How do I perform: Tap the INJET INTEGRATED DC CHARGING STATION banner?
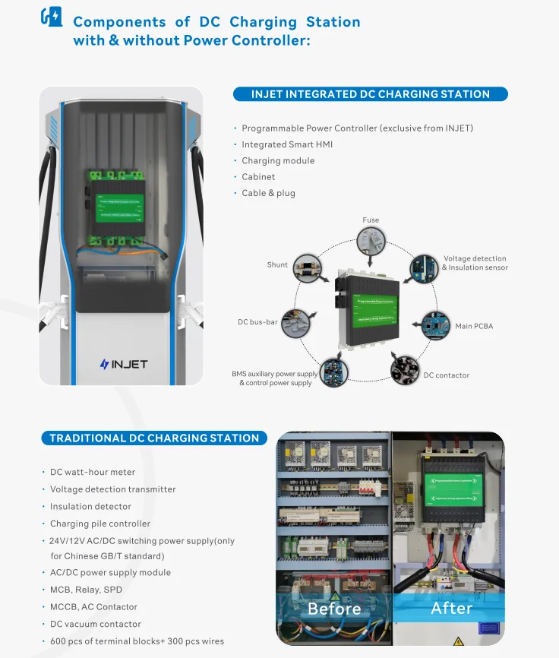coord(370,94)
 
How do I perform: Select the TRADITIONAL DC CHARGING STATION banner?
coord(154,438)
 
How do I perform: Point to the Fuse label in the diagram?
coord(371,220)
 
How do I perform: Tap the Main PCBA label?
coord(473,326)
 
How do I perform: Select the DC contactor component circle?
coord(406,369)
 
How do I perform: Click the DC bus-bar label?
coord(257,322)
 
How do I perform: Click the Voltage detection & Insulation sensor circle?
coord(424,267)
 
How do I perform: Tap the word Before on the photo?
coord(334,609)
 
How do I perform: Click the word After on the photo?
coord(451,608)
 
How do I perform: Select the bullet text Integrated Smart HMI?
coord(287,144)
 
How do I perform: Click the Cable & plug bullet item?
coord(268,193)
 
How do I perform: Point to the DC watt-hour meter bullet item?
coord(93,472)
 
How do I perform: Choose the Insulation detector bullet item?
coord(90,506)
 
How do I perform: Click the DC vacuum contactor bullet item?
coord(96,624)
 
